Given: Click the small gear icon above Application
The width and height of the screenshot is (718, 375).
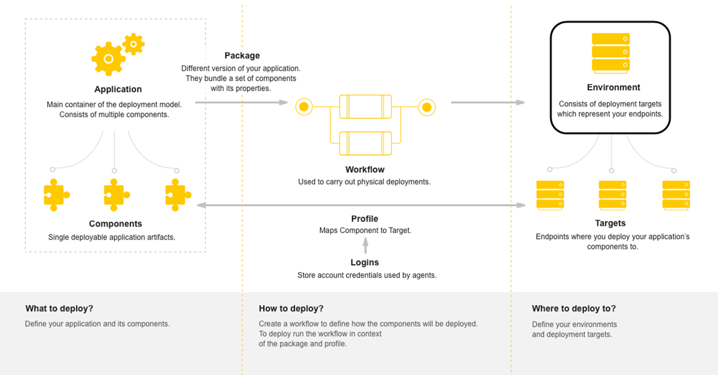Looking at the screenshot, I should (x=133, y=44).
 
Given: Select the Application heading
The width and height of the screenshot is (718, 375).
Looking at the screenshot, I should (x=118, y=89).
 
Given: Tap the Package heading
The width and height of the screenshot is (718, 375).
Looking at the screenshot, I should (x=242, y=56).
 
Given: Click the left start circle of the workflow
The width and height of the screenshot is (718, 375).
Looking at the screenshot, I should (x=304, y=106).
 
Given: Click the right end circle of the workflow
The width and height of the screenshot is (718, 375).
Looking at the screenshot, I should (x=427, y=106).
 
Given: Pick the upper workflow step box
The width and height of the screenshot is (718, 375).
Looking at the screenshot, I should (x=365, y=106).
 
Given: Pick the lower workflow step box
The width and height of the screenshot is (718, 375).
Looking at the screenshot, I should (x=365, y=142).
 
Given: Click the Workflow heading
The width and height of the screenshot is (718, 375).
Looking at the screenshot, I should (x=365, y=170).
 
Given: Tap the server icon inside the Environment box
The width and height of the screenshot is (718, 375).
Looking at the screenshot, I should (x=610, y=52).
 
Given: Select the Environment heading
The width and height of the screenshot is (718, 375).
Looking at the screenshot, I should (x=613, y=87).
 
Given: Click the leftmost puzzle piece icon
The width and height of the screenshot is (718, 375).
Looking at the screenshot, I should (x=56, y=194).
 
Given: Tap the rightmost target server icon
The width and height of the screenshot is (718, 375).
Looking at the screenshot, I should (x=676, y=195).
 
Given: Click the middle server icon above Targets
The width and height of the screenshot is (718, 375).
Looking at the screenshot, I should (x=612, y=195).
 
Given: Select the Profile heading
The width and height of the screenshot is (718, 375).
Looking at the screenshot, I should (x=365, y=219).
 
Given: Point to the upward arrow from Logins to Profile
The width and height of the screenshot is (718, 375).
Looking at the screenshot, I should (x=365, y=245).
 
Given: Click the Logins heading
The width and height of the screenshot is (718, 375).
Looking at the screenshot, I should (x=365, y=262).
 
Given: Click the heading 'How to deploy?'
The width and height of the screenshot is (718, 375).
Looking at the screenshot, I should (x=291, y=309).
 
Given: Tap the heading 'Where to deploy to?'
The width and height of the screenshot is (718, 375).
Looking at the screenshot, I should (x=573, y=309).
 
